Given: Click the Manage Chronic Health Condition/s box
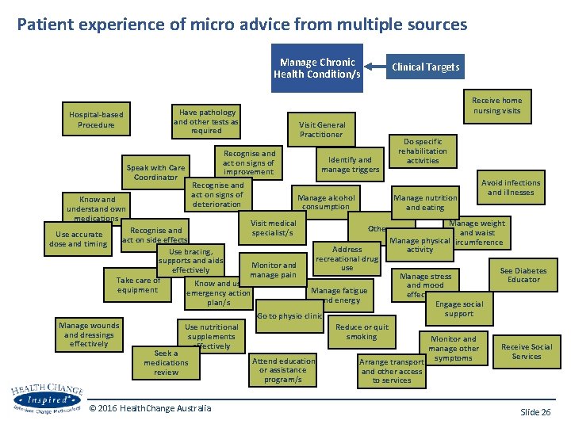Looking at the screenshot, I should (x=317, y=68).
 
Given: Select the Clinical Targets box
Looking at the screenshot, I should (x=425, y=67).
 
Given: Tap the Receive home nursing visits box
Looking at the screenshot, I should (x=496, y=105).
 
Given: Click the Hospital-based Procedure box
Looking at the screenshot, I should (x=96, y=120).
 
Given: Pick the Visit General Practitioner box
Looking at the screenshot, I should (x=321, y=129).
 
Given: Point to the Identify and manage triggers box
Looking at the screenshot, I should (x=350, y=164).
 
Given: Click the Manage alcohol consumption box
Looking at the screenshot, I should (x=326, y=201).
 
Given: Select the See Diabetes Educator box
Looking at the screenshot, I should (x=523, y=275).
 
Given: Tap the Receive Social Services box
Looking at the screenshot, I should (x=526, y=351).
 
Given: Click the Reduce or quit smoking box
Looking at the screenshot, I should (x=362, y=331).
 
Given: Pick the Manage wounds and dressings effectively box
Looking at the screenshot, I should (x=89, y=334).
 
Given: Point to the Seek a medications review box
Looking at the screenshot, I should (x=166, y=363).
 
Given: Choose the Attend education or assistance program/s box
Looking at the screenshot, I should (x=283, y=370).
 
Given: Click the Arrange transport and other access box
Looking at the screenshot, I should (x=391, y=371).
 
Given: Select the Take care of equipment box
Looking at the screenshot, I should (x=137, y=285).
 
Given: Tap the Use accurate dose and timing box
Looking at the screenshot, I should (x=79, y=239).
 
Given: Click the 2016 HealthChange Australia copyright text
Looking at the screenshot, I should (x=150, y=408).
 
